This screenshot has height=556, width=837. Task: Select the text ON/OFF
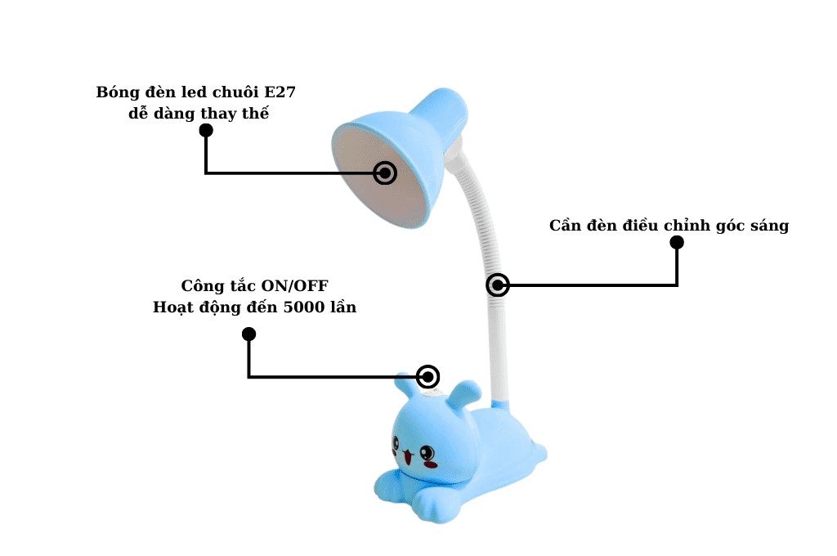click(x=294, y=286)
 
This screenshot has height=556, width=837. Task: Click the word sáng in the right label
click(x=768, y=226)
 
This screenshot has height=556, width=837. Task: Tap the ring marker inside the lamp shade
click(x=385, y=173)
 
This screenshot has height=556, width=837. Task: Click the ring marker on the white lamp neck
click(x=498, y=285)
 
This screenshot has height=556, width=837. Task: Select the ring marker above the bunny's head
click(x=428, y=377)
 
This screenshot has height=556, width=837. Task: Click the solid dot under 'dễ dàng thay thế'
click(x=206, y=130)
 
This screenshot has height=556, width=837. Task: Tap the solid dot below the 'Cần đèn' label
click(x=677, y=242)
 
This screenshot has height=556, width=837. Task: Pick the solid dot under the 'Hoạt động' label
click(x=249, y=334)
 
